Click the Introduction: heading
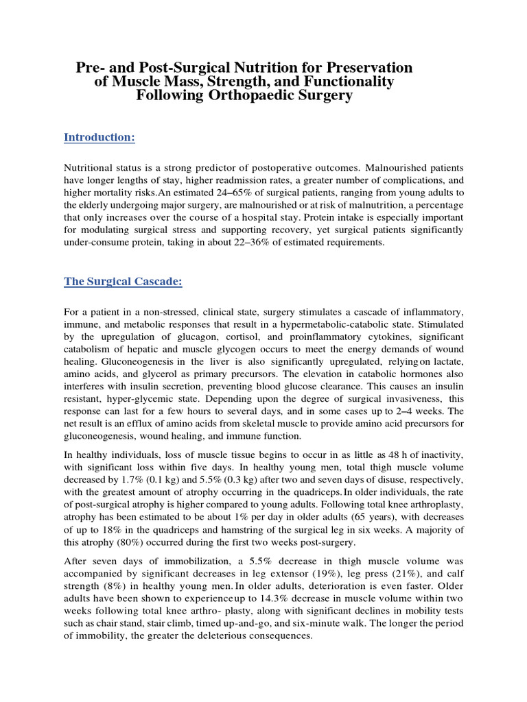click(x=99, y=138)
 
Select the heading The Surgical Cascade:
click(x=123, y=282)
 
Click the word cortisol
click(x=251, y=337)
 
